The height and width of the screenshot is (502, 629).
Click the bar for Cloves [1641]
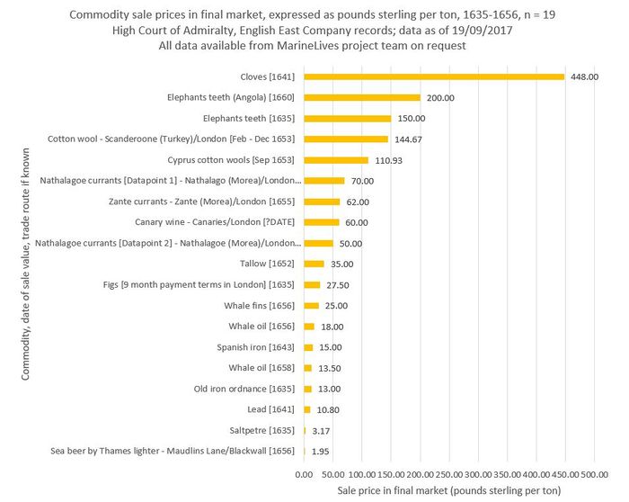(434, 76)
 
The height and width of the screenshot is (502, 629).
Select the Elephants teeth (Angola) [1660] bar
(362, 97)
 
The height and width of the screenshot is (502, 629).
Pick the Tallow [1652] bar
(314, 264)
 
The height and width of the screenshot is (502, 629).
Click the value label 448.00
(584, 77)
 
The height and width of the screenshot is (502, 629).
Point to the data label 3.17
(321, 431)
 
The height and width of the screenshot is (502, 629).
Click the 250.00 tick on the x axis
(449, 473)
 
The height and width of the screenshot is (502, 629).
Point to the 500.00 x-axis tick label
(594, 473)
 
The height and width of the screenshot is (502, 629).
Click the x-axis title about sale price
(448, 490)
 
